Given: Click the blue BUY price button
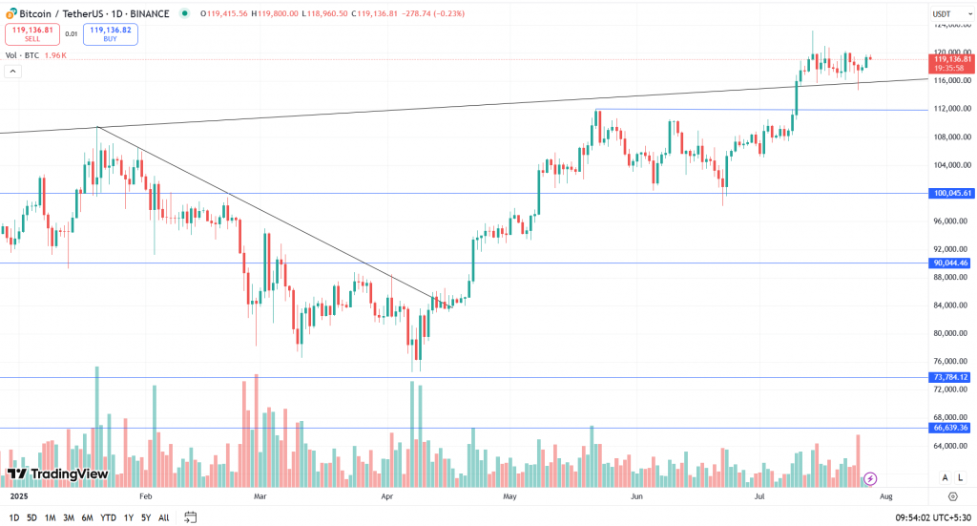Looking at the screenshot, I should (x=110, y=33).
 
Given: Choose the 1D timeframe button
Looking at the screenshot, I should (x=13, y=517).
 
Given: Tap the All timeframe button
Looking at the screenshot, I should (x=163, y=517).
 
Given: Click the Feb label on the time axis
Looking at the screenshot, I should (x=146, y=497).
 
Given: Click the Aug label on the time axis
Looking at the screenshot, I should (x=885, y=497).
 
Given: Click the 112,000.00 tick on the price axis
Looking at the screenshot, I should (x=952, y=108).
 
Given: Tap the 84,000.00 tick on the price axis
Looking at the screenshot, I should (x=952, y=305).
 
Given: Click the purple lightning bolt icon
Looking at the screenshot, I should (x=870, y=478).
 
